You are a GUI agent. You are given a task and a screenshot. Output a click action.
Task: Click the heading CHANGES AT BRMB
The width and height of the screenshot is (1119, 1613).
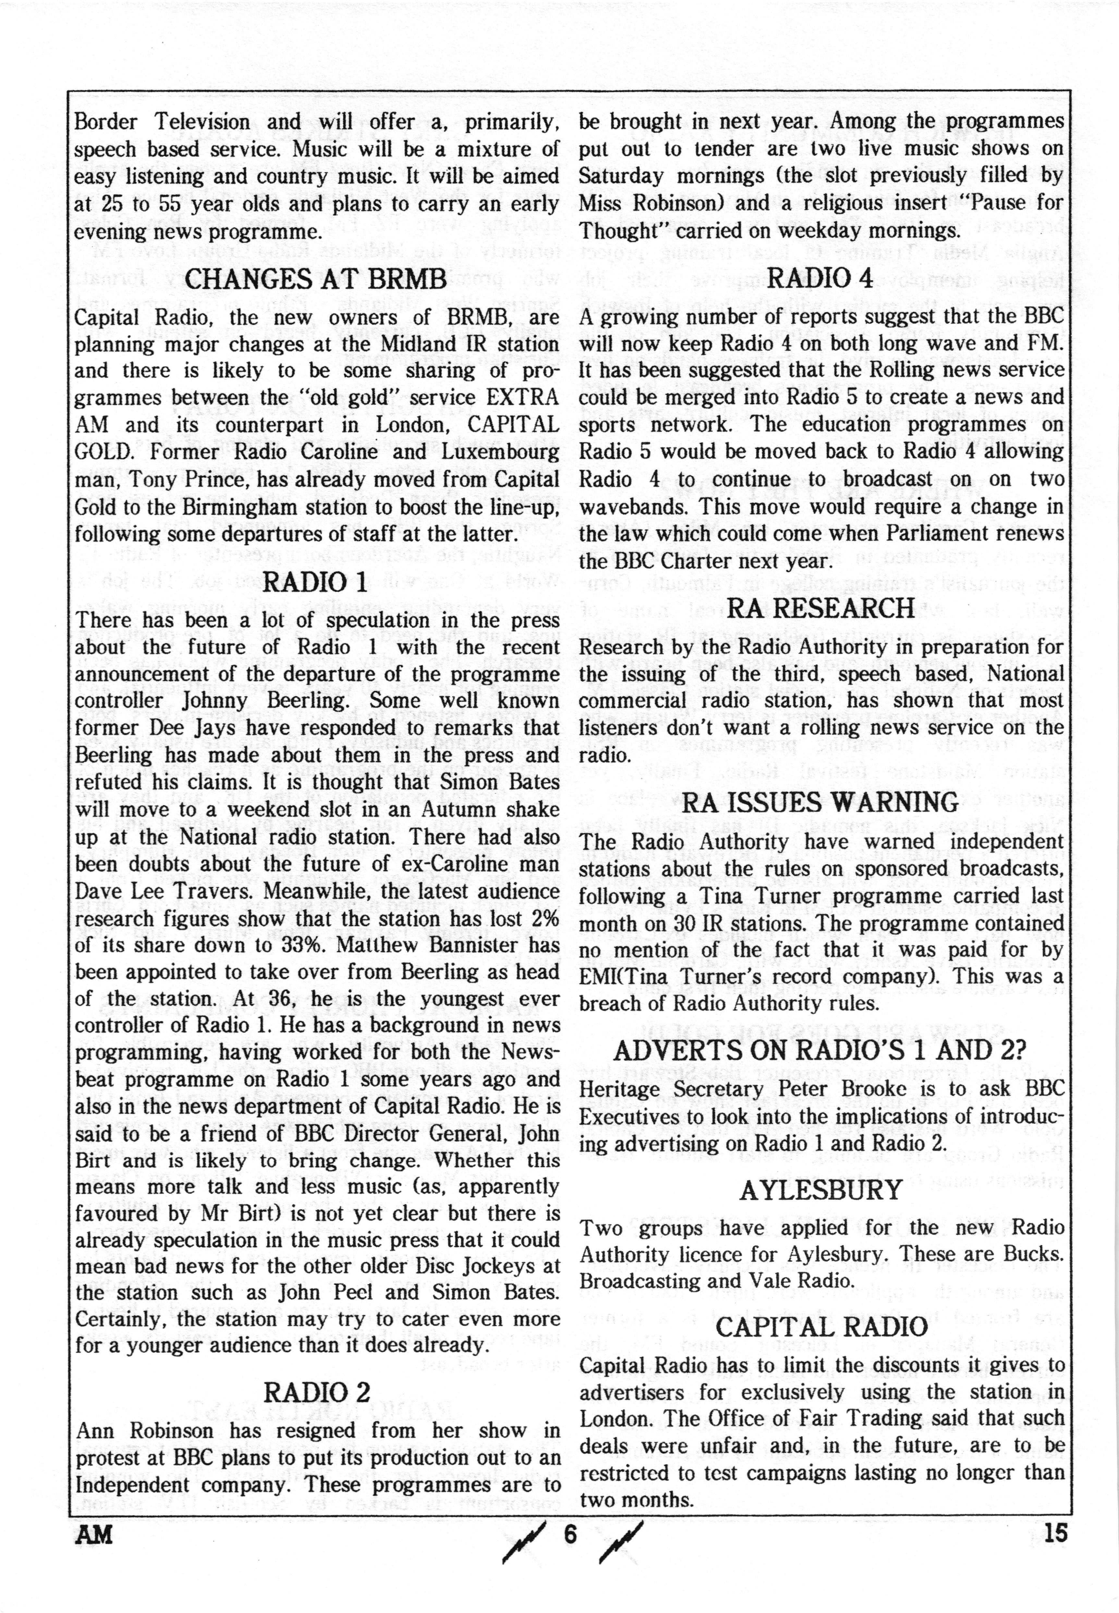[315, 279]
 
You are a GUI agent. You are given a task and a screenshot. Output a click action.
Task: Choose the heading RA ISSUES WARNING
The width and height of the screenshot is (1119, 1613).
[820, 803]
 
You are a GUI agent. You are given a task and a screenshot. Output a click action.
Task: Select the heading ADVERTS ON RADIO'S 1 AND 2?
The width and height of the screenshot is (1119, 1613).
[820, 1050]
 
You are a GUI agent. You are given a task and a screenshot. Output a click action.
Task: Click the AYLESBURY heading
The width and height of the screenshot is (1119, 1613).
[820, 1190]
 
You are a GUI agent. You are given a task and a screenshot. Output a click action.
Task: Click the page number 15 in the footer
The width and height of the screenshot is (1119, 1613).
[1055, 1533]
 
